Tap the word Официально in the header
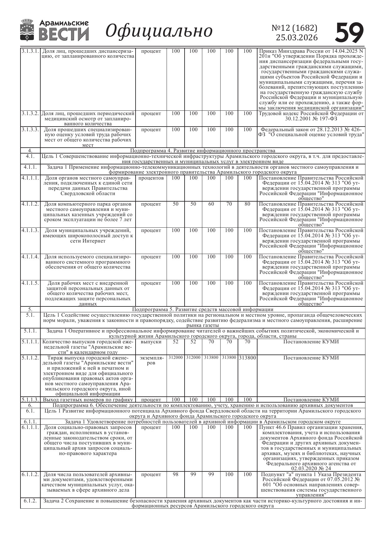[159, 31]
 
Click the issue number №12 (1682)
[294, 28]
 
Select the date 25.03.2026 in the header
[297, 38]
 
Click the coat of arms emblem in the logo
[27, 30]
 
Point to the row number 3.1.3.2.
[30, 114]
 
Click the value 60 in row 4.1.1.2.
[211, 204]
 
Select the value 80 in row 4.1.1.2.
[247, 204]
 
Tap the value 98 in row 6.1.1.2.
[176, 475]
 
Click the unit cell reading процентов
[151, 178]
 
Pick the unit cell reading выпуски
[151, 342]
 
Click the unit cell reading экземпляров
[151, 360]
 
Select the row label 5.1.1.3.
[30, 399]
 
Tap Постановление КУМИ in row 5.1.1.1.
[311, 342]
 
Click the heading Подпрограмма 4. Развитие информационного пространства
[203, 151]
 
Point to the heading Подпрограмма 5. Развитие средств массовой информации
[203, 309]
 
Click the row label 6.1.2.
[30, 501]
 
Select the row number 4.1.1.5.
[30, 283]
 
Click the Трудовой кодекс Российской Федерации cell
[311, 116]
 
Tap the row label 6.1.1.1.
[30, 427]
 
